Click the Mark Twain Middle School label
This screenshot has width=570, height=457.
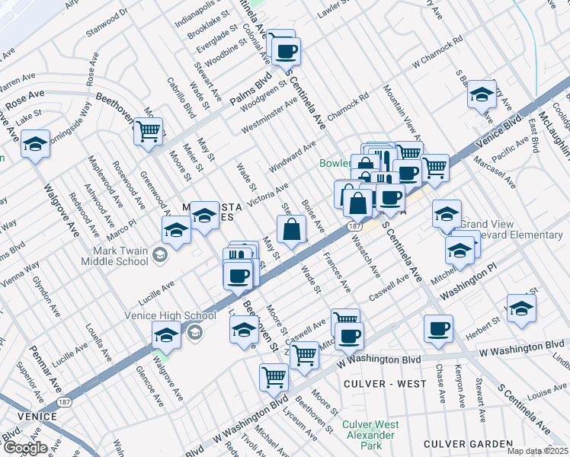pyautogui.click(x=120, y=256)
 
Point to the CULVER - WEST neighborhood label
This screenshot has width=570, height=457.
pyautogui.click(x=384, y=384)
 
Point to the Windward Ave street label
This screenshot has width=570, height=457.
pyautogui.click(x=292, y=156)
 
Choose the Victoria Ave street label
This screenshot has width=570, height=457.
pyautogui.click(x=271, y=195)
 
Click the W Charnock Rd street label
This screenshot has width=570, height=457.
pyautogui.click(x=437, y=52)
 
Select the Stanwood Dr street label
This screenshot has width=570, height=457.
pyautogui.click(x=107, y=22)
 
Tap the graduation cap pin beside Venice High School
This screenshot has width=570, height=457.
pyautogui.click(x=166, y=334)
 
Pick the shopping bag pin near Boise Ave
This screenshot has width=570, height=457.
pyautogui.click(x=291, y=228)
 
